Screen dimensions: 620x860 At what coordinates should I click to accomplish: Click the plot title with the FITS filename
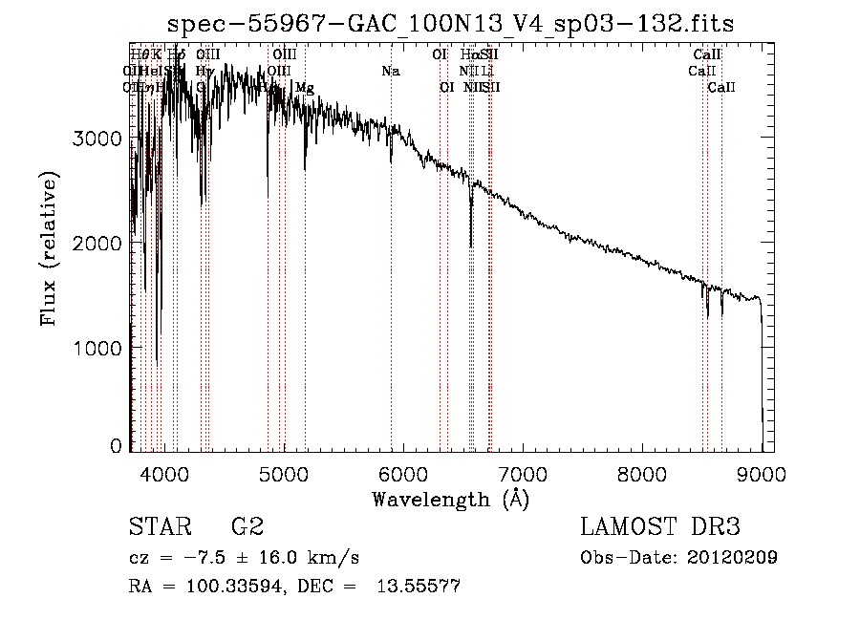click(x=450, y=24)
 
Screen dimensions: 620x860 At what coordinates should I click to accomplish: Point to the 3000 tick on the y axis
click(x=97, y=139)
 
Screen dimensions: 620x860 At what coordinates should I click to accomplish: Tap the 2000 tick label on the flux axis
click(x=97, y=244)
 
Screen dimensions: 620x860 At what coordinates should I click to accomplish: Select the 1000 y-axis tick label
click(x=97, y=348)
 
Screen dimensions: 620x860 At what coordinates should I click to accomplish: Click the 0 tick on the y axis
click(x=116, y=446)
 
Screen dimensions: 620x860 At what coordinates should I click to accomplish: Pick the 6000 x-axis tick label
click(x=402, y=472)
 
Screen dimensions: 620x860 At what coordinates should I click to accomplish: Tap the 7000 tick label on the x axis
click(x=523, y=472)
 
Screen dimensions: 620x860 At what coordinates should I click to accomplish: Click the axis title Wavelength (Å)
click(x=450, y=499)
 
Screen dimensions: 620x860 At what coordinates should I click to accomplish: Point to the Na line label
click(x=390, y=72)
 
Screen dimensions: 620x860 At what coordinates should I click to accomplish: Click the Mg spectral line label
click(x=304, y=88)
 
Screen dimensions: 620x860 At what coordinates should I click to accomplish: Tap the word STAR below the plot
click(x=159, y=527)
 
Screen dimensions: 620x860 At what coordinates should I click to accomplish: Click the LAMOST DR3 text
click(x=660, y=527)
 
